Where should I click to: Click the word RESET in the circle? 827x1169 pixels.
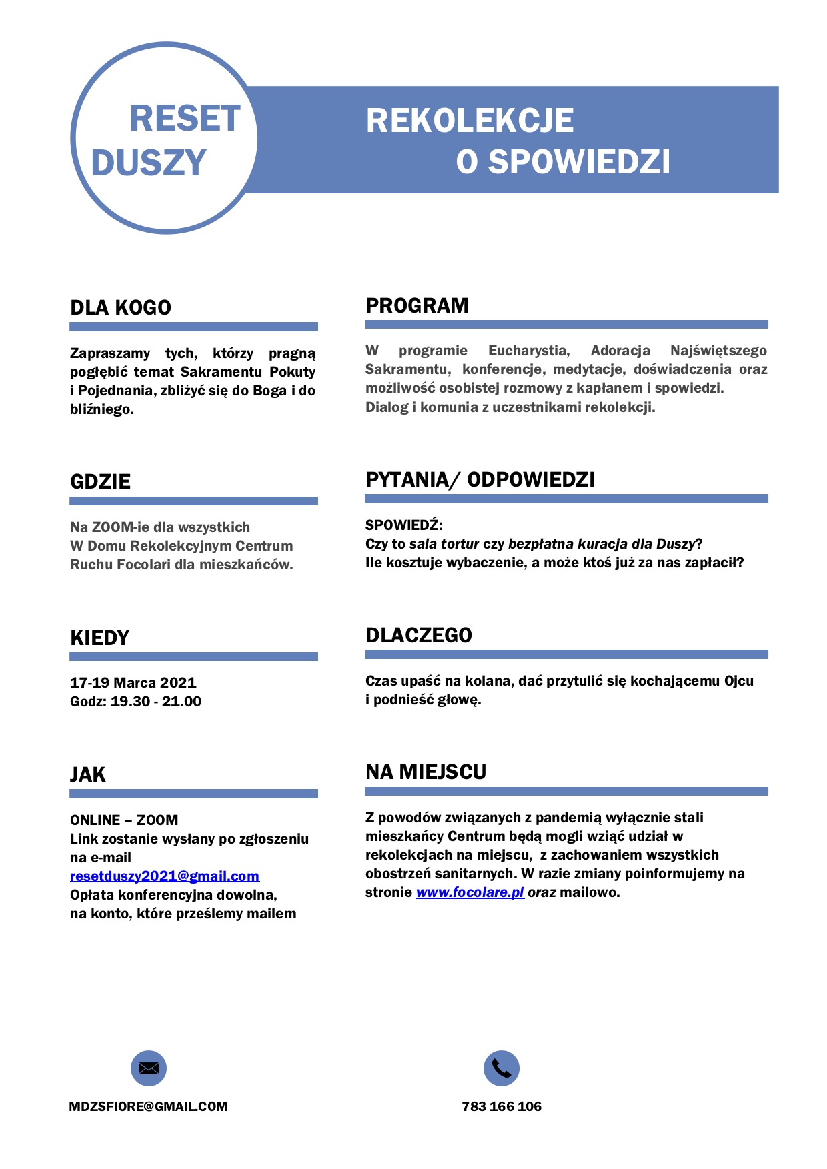185,119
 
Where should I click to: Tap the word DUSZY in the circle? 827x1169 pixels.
148,163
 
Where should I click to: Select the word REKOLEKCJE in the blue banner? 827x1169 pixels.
470,121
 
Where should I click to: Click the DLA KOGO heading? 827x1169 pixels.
121,307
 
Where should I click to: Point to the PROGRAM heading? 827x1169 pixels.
417,305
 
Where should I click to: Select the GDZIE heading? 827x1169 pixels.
100,481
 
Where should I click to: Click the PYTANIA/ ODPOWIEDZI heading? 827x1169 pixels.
480,479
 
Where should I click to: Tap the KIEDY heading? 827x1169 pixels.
99,638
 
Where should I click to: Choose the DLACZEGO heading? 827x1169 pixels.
418,635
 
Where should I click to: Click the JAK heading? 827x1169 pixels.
87,774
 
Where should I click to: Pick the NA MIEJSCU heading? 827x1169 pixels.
426,772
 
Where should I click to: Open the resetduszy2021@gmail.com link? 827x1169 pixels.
164,876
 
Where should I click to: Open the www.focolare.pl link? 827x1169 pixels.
470,892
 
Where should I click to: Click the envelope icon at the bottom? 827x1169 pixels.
148,1068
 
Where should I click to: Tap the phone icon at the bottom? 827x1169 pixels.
501,1068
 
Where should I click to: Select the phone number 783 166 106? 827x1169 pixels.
502,1106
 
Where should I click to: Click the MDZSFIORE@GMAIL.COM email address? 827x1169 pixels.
148,1106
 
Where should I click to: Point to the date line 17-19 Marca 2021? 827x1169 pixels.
133,682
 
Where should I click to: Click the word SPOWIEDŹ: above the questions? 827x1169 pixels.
403,525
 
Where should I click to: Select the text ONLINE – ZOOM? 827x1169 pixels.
124,820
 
